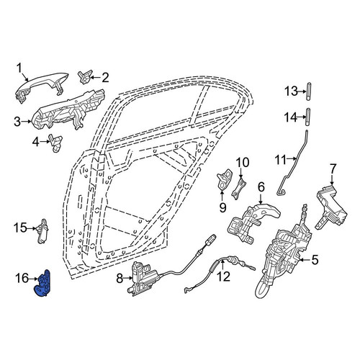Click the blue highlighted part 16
pyautogui.click(x=44, y=284)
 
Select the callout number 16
pyautogui.click(x=22, y=279)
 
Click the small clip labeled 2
pyautogui.click(x=85, y=77)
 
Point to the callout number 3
pyautogui.click(x=17, y=122)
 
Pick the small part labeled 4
pyautogui.click(x=55, y=143)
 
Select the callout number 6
pyautogui.click(x=261, y=187)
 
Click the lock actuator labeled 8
pyautogui.click(x=143, y=279)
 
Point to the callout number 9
pyautogui.click(x=223, y=207)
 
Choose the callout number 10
pyautogui.click(x=243, y=163)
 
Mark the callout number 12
pyautogui.click(x=224, y=276)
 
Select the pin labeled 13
pyautogui.click(x=309, y=91)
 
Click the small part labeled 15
pyautogui.click(x=42, y=231)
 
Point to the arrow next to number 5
pyautogui.click(x=305, y=259)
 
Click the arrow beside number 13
pyautogui.click(x=302, y=91)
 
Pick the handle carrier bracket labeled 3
pyautogui.click(x=68, y=110)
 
